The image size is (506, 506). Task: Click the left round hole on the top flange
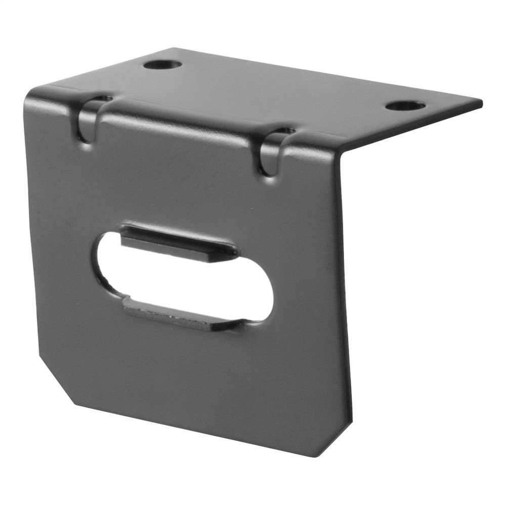tap(162, 64)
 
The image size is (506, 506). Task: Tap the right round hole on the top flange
tap(405, 106)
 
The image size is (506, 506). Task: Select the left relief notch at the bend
tap(88, 120)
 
